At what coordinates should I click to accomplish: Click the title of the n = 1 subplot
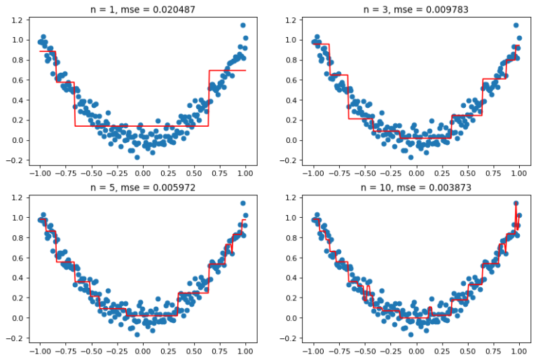(142, 10)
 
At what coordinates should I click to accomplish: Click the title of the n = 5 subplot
(142, 189)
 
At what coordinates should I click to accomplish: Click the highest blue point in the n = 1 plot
(243, 25)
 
